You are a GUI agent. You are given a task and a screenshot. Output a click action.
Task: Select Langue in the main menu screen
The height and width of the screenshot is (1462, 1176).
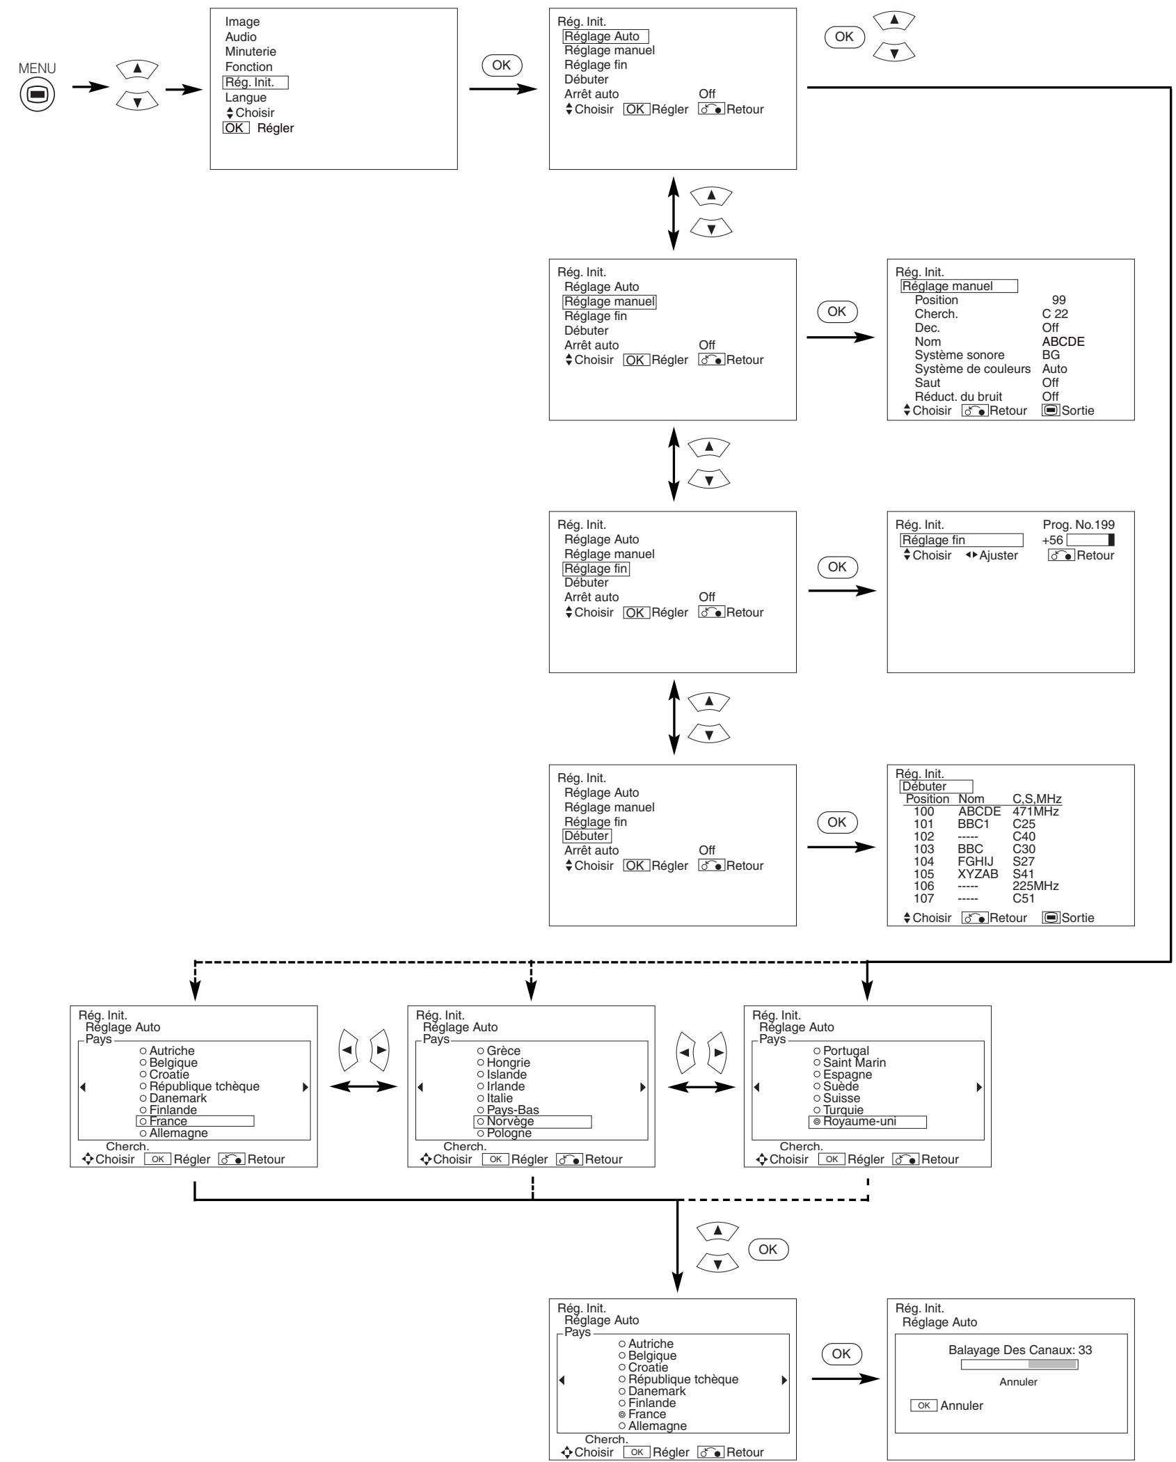(246, 97)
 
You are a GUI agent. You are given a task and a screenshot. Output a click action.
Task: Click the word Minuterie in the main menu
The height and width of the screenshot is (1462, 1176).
(251, 51)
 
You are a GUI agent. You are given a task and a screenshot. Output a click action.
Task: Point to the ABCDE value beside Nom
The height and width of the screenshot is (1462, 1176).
(1063, 342)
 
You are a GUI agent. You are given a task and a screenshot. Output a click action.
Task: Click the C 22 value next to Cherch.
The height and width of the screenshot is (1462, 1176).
(1055, 314)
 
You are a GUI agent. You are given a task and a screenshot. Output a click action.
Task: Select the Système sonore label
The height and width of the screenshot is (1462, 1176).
(960, 355)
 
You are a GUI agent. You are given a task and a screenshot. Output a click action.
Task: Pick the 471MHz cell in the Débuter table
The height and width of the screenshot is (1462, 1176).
(1036, 811)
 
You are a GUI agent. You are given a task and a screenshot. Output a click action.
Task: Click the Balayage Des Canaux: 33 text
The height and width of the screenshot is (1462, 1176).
(1020, 1350)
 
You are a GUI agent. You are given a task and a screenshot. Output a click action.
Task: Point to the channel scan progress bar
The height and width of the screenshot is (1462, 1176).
(1019, 1365)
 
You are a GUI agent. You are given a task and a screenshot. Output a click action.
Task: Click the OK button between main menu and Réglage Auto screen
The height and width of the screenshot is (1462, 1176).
(501, 65)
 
